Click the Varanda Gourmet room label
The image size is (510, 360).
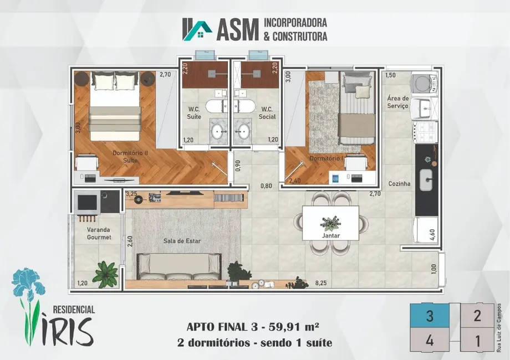coord(99,233)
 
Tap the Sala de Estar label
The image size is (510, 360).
coord(182,241)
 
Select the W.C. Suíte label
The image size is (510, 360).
coord(194,113)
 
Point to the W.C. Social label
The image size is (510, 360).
coord(267,113)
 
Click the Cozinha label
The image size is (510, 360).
coord(399,183)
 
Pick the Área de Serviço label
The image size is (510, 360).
coord(397,102)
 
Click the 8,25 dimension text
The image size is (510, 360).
coord(321,283)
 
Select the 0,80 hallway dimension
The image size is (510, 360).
coord(266,186)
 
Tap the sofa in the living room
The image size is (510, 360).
coord(179,267)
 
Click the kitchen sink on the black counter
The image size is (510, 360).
coord(426,179)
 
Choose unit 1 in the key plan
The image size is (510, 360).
coord(477,340)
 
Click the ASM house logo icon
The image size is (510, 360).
coord(197,29)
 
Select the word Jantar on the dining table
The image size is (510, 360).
coord(331,236)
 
